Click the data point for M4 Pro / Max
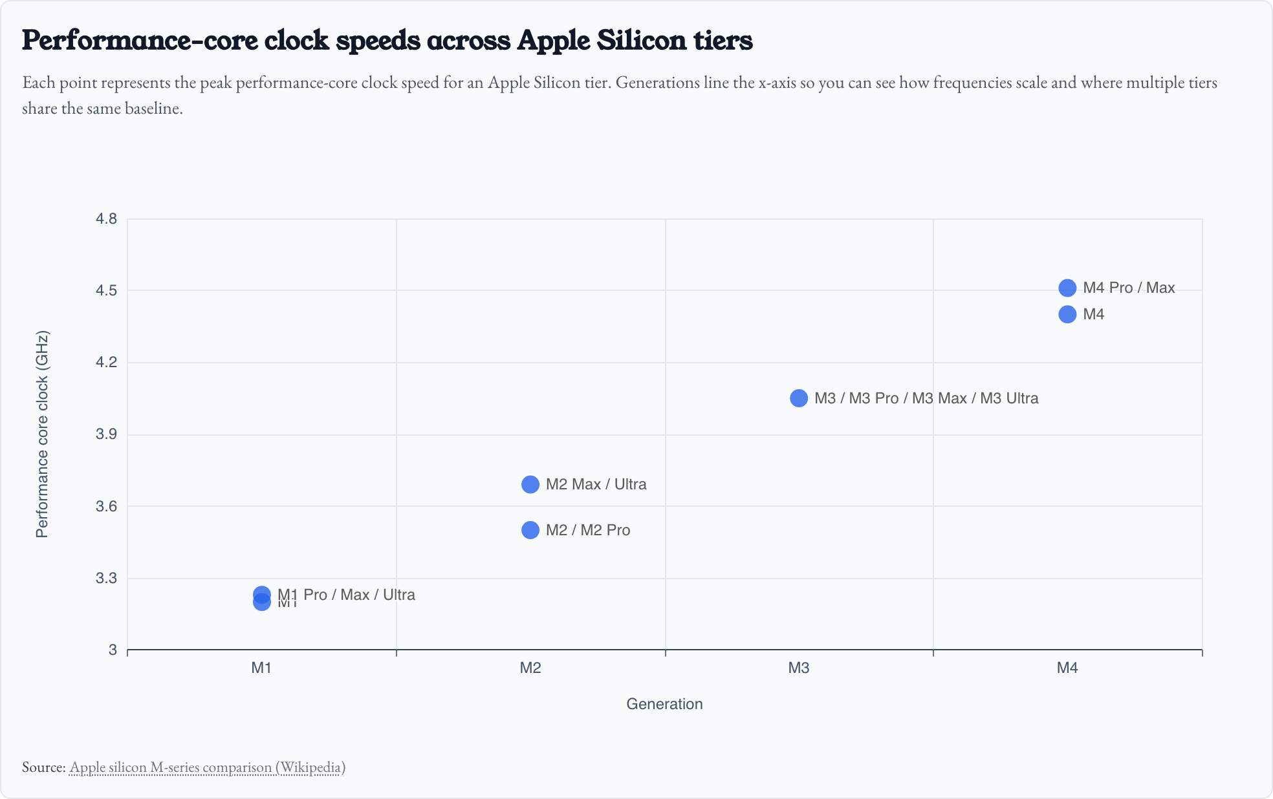(1067, 288)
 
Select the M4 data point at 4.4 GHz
(1067, 314)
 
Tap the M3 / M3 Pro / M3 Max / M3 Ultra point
(799, 398)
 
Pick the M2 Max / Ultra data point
(530, 484)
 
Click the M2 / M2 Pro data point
(530, 530)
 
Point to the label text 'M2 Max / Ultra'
(596, 484)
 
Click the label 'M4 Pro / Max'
(1129, 288)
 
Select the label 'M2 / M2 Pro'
(587, 530)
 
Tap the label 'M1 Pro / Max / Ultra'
(347, 595)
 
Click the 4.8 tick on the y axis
(107, 218)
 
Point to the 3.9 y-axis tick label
(107, 434)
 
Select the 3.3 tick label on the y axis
(107, 578)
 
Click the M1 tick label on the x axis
(261, 668)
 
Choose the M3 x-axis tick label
(799, 668)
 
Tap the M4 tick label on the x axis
(1067, 668)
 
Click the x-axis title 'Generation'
(664, 704)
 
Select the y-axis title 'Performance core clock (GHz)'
(42, 434)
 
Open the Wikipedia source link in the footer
(207, 767)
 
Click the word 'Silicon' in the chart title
(641, 40)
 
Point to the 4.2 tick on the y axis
(107, 362)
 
